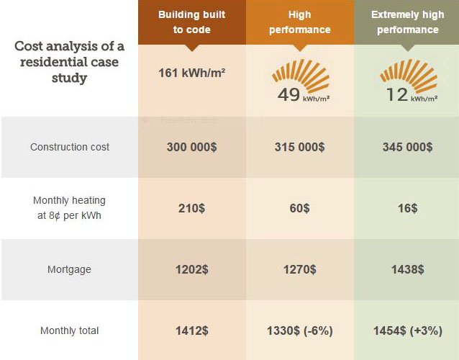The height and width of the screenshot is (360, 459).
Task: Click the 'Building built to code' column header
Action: pyautogui.click(x=192, y=22)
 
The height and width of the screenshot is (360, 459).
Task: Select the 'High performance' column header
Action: pyautogui.click(x=299, y=22)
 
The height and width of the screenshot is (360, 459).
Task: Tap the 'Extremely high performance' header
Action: pyautogui.click(x=406, y=22)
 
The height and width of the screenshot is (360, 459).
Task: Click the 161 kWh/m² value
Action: pyautogui.click(x=192, y=73)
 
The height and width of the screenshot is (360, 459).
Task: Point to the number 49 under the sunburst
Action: pyautogui.click(x=288, y=94)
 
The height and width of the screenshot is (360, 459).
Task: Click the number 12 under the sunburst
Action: pyautogui.click(x=396, y=94)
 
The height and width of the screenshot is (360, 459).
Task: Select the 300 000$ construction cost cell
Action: pyautogui.click(x=192, y=147)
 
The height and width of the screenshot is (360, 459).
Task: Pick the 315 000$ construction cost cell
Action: pyautogui.click(x=299, y=147)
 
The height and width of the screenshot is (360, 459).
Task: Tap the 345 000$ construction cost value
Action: pyautogui.click(x=407, y=147)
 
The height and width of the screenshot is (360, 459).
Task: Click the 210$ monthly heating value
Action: pyautogui.click(x=192, y=208)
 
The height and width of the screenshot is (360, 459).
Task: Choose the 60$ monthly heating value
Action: pyautogui.click(x=299, y=208)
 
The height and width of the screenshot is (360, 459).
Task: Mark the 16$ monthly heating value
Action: pyautogui.click(x=407, y=208)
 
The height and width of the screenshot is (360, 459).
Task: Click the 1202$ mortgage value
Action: pyautogui.click(x=192, y=269)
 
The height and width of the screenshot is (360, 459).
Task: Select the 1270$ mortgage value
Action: pyautogui.click(x=299, y=269)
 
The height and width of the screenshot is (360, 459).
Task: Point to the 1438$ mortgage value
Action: pyautogui.click(x=407, y=269)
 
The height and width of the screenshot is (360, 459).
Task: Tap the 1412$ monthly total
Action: pyautogui.click(x=192, y=330)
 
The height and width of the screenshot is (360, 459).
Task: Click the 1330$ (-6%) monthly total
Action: pyautogui.click(x=299, y=330)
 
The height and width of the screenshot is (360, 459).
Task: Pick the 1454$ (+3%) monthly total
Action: pyautogui.click(x=407, y=330)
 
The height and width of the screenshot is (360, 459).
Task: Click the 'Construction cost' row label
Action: pyautogui.click(x=70, y=147)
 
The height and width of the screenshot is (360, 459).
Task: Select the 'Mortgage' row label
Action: pyautogui.click(x=70, y=269)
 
